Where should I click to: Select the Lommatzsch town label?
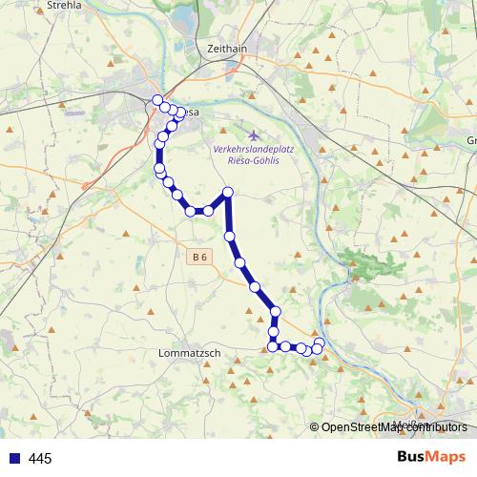pos(188,353)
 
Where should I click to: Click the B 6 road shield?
pos(197,257)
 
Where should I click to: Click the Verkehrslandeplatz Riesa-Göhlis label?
pos(253,156)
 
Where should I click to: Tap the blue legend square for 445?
pos(13,458)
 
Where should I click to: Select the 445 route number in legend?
pos(40,459)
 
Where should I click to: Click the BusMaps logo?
pos(431,457)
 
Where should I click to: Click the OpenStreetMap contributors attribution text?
pos(394,427)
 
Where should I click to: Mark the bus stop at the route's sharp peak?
pos(228,194)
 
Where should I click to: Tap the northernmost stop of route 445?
pos(157,100)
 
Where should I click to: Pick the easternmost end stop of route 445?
pos(320,343)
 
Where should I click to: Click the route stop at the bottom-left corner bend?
pos(273,345)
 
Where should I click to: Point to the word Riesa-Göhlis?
pos(252,161)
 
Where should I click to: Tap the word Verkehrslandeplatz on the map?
pos(253,150)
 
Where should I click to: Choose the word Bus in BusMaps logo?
pos(412,457)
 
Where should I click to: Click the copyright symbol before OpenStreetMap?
pos(315,427)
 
